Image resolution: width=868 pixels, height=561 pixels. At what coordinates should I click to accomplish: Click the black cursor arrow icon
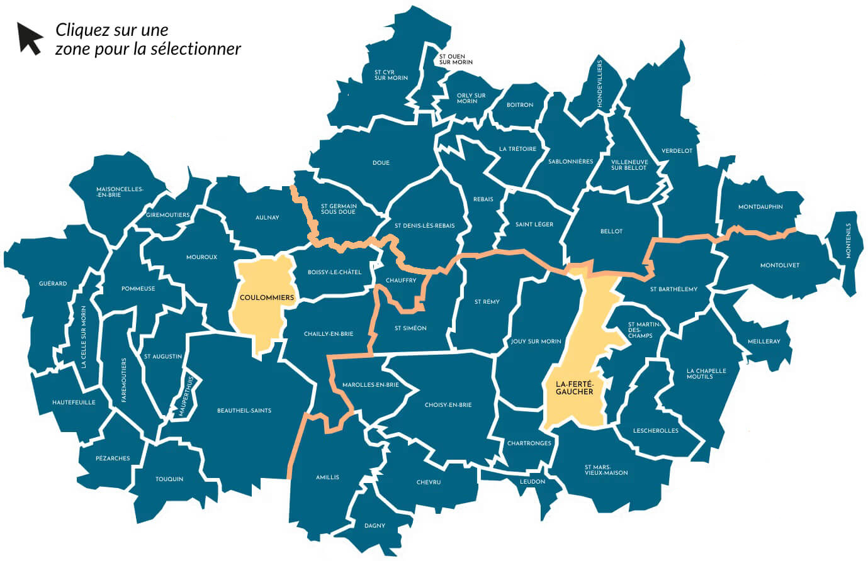pos(29,38)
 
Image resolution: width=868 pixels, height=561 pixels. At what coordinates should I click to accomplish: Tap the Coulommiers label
pos(267,297)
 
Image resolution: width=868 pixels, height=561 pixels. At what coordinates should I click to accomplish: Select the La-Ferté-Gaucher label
pos(574,387)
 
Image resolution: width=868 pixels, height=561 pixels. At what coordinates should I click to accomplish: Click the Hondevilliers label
pos(599,83)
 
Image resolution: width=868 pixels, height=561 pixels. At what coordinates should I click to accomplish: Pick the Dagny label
pos(375,526)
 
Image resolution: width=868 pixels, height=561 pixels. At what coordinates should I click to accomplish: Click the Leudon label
pos(533,482)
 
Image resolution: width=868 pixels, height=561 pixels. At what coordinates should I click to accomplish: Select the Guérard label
pos(53,284)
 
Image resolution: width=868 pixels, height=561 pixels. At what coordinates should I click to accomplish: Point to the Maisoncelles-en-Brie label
pos(120,192)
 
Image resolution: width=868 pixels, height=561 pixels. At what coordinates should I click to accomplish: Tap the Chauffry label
pos(401,280)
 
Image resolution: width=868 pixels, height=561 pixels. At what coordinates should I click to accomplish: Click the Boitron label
pos(520,105)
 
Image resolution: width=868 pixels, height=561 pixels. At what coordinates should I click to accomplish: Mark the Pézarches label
pos(113,458)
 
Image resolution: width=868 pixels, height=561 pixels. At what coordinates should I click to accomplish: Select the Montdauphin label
pos(760,207)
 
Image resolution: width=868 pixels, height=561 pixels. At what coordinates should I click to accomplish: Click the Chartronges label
pos(529,443)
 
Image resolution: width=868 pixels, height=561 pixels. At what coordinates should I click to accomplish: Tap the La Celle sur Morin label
pos(84,337)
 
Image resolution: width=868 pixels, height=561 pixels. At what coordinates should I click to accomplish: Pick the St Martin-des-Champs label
pos(644,330)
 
